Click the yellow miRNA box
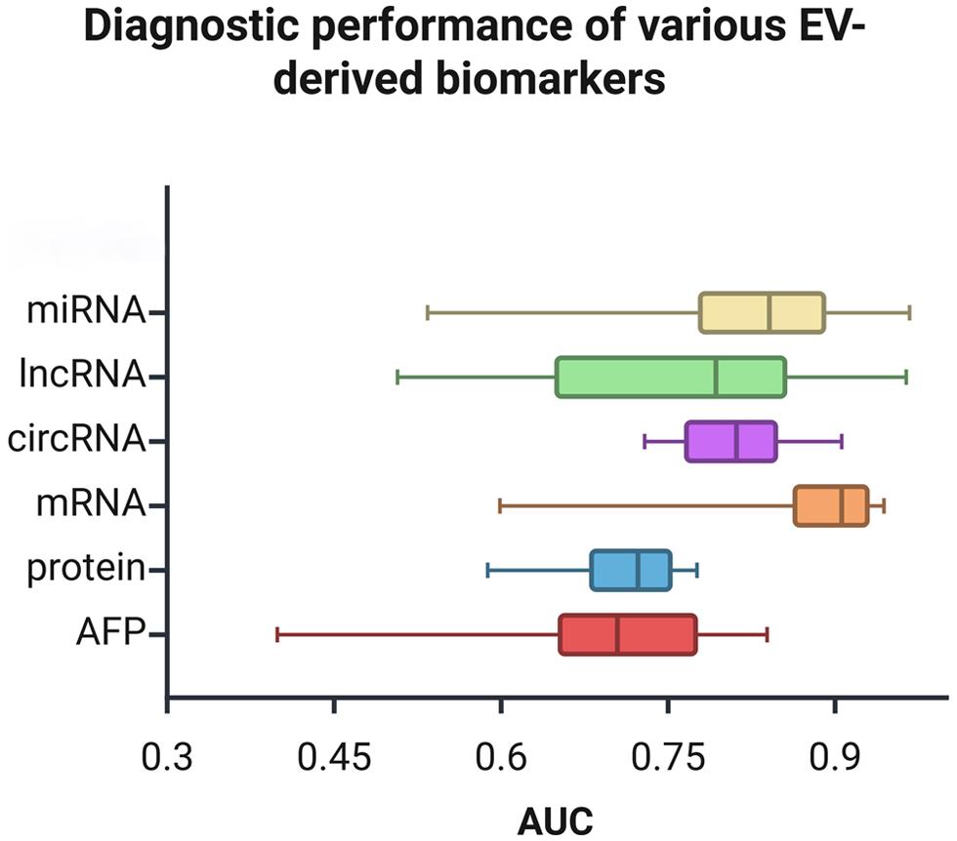(762, 312)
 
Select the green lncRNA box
(671, 377)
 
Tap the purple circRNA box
(731, 441)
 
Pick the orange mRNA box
(831, 505)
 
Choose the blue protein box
(631, 570)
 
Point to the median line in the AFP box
(617, 634)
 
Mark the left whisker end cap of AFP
(278, 634)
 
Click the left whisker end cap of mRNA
(500, 505)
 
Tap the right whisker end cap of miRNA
(909, 312)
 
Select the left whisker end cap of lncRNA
(397, 377)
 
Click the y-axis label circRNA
(76, 441)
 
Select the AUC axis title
(556, 819)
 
